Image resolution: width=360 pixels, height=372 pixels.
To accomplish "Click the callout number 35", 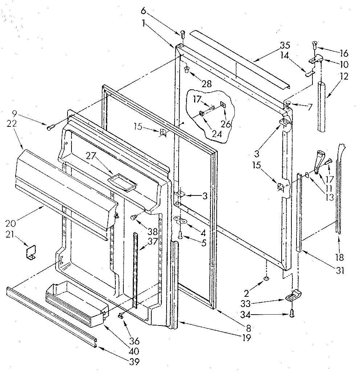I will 285,46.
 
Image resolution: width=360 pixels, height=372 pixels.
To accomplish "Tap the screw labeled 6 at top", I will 183,34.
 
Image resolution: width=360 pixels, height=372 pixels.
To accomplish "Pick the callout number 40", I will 134,351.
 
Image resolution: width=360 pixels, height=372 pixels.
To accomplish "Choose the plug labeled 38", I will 134,218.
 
